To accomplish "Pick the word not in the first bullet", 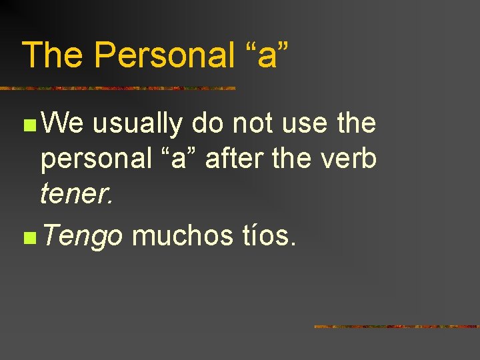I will coord(253,123).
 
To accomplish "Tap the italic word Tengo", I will coord(81,236).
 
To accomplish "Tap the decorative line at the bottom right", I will coord(397,327).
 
